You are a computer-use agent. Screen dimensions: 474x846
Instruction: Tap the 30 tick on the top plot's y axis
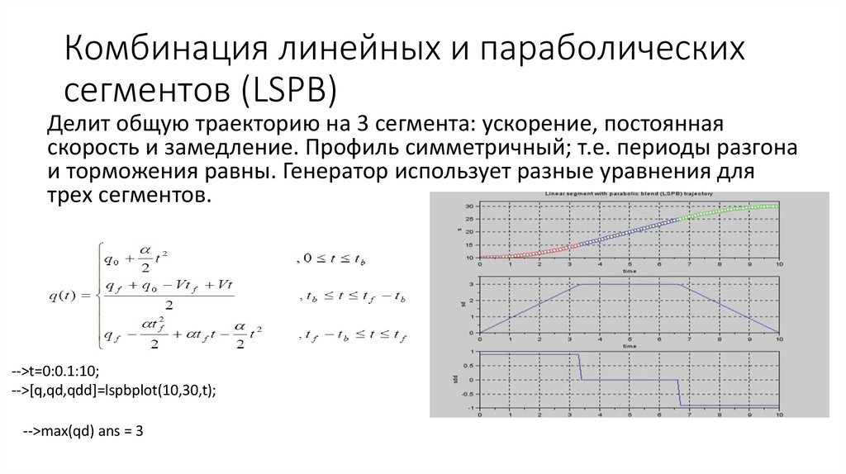click(469, 205)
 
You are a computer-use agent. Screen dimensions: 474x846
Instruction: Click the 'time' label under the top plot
click(629, 271)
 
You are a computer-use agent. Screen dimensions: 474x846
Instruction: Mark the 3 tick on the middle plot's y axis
click(470, 284)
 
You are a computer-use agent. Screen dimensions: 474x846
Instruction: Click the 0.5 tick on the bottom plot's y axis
click(468, 366)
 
